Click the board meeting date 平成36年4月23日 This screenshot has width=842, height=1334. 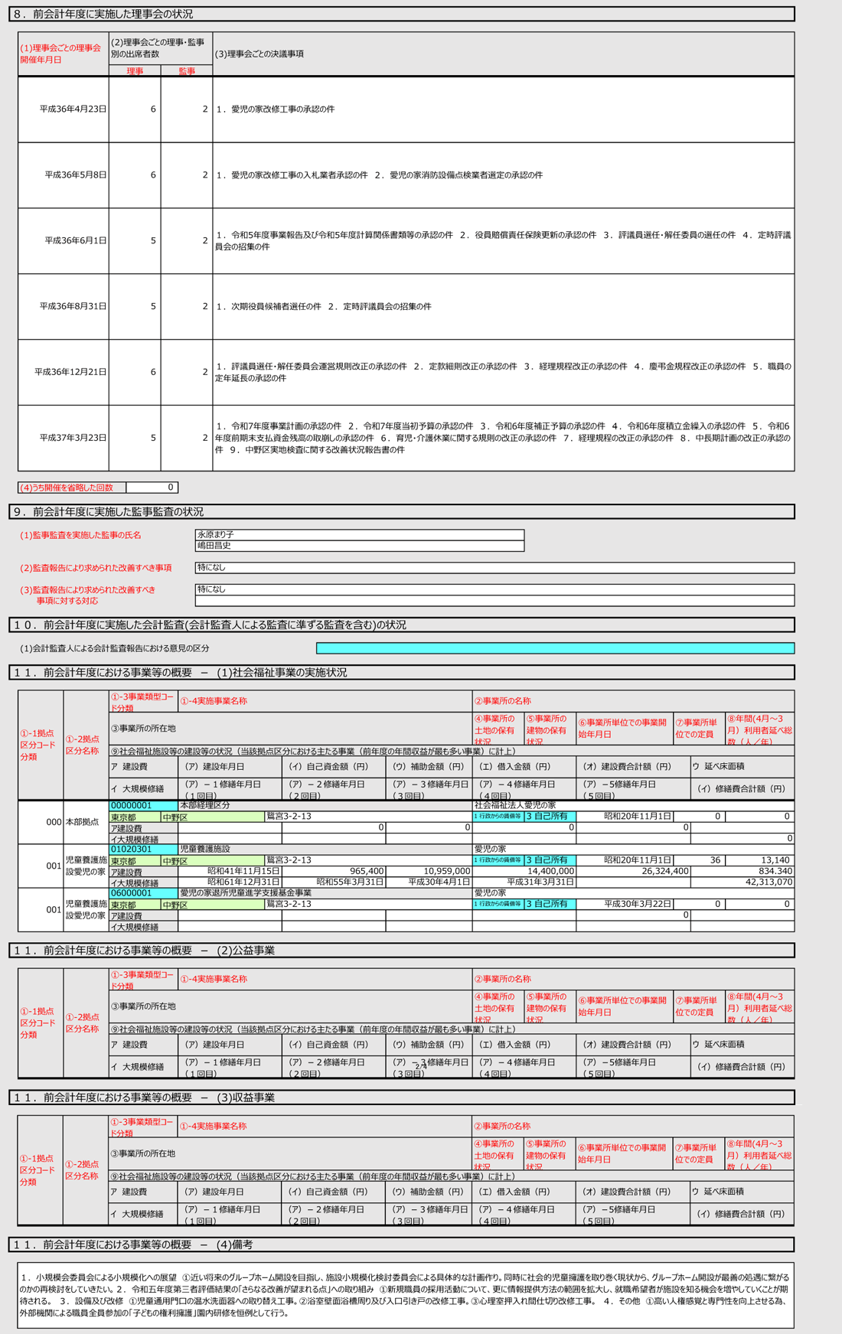pos(73,109)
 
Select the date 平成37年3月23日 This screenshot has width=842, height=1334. pos(73,438)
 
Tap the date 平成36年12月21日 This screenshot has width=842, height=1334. pos(70,372)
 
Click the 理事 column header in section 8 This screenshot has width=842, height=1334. pos(135,71)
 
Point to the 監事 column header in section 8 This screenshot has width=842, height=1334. pos(187,71)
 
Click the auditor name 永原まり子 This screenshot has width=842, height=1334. pos(216,534)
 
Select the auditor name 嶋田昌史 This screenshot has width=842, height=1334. pos(214,546)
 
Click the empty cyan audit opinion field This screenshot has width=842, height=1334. pos(555,648)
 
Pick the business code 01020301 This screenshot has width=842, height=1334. pos(132,849)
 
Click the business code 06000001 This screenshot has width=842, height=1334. pos(132,892)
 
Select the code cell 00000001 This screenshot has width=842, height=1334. pos(132,805)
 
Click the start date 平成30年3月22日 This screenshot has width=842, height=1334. pos(637,904)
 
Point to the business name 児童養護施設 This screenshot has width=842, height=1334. pos(204,849)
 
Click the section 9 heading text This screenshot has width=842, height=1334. pos(118,511)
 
